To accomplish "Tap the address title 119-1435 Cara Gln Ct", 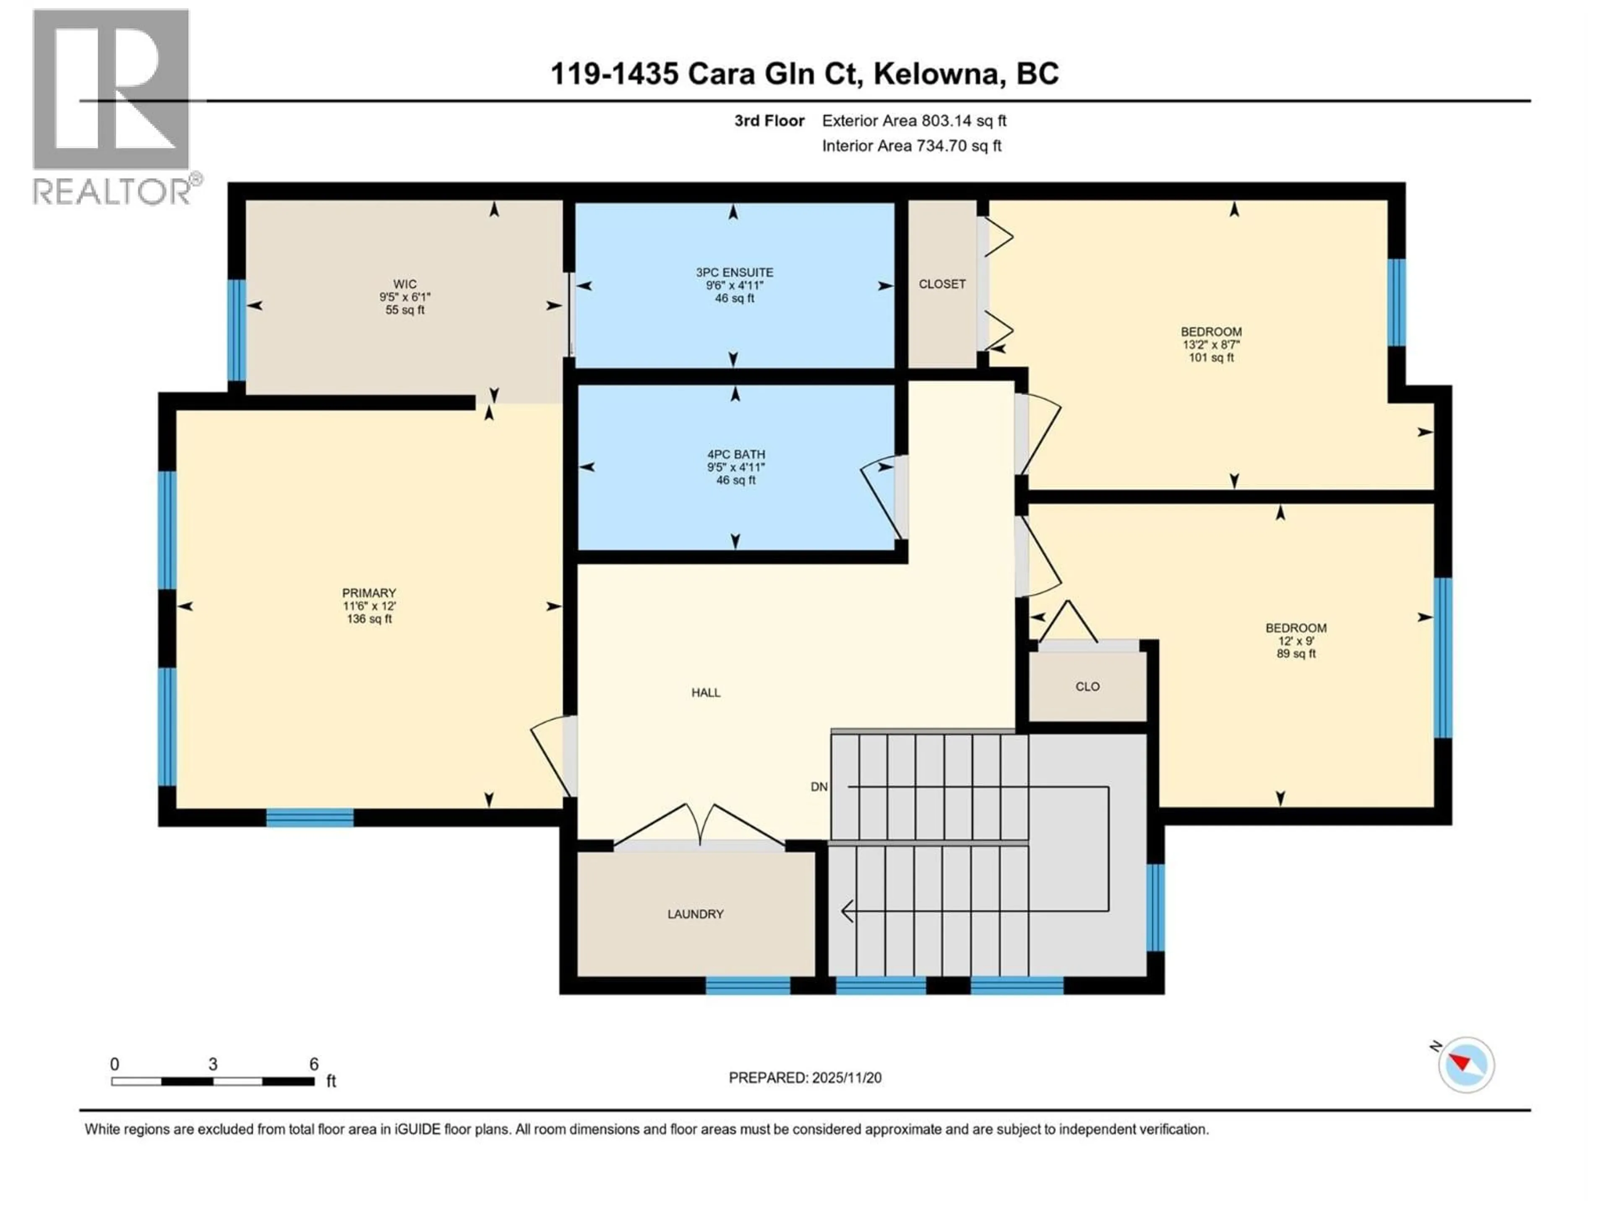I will coord(804,73).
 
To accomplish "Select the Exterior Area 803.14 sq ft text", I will coord(914,121).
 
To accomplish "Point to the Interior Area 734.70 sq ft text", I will coord(911,146).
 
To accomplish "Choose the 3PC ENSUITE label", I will coord(734,272).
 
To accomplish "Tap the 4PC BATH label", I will coord(735,454).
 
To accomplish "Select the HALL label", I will coord(706,693).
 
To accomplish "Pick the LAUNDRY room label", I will coord(696,914).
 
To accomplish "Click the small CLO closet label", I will coord(1087,687).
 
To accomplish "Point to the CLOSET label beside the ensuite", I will coord(942,284).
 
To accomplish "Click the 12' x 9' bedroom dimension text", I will coord(1296,641).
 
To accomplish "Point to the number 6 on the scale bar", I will coord(314,1064).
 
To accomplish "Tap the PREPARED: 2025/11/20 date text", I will coord(805,1078).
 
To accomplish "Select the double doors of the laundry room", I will coord(699,826).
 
